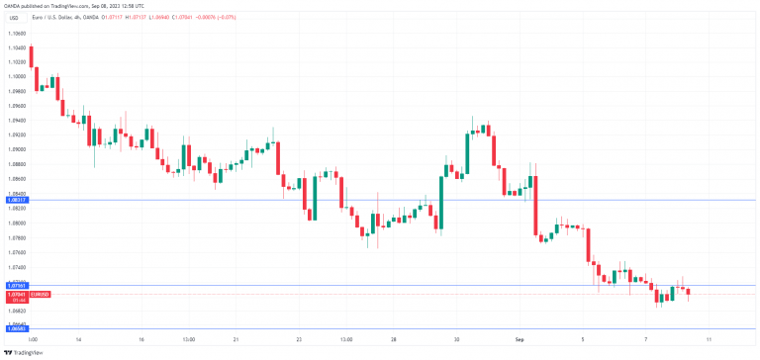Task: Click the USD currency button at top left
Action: [13, 16]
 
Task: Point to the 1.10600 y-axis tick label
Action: [16, 33]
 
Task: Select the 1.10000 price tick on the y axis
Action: [16, 76]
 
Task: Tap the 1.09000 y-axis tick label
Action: [16, 149]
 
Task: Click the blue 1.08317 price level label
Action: [16, 200]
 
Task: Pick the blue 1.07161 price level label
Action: [16, 285]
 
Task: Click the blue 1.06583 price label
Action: [16, 327]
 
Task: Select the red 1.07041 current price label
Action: [16, 294]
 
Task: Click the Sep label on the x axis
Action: [520, 338]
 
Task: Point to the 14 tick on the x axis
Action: [78, 338]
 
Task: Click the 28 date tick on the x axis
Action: [394, 338]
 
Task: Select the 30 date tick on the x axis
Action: [456, 338]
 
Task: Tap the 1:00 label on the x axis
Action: [33, 338]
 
